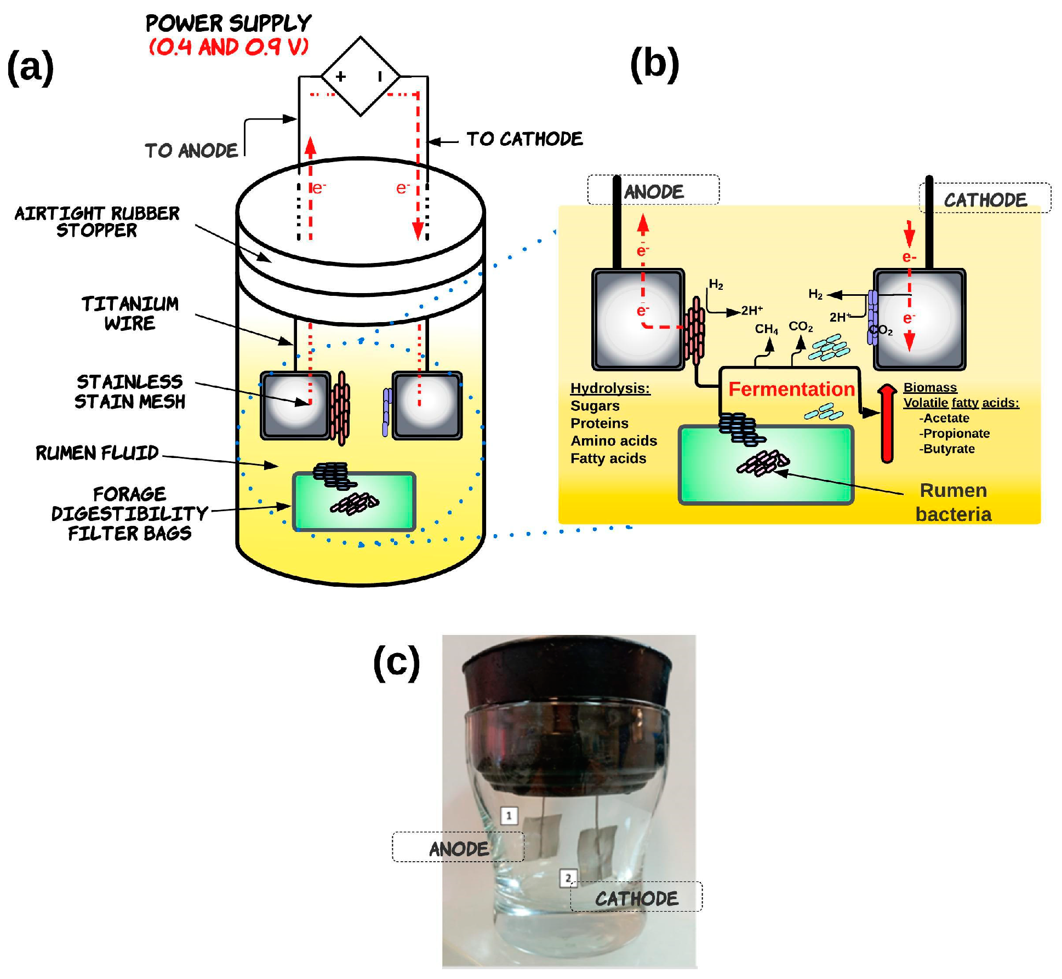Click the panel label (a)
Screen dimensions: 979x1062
click(x=31, y=67)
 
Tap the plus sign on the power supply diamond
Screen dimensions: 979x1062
click(x=341, y=76)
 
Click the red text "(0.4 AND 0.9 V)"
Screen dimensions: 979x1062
click(x=229, y=47)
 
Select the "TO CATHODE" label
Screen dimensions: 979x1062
click(x=524, y=139)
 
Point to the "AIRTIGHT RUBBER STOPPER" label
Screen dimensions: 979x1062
click(x=97, y=221)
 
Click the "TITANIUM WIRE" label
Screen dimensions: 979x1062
click(x=130, y=313)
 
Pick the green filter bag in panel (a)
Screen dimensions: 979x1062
click(x=354, y=502)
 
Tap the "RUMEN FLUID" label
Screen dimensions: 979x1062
click(x=97, y=453)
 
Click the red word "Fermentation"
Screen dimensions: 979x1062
click(x=791, y=389)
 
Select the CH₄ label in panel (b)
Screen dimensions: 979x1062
click(x=766, y=329)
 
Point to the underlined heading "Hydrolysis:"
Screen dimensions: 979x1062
click(x=610, y=388)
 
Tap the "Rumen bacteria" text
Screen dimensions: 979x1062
click(x=953, y=502)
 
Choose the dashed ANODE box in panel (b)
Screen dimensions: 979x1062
click(x=653, y=191)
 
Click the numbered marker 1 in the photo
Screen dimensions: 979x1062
click(x=509, y=816)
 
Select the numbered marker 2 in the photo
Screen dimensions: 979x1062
click(x=568, y=878)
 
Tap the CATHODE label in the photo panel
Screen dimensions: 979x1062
click(x=637, y=898)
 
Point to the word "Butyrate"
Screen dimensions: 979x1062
click(x=949, y=449)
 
